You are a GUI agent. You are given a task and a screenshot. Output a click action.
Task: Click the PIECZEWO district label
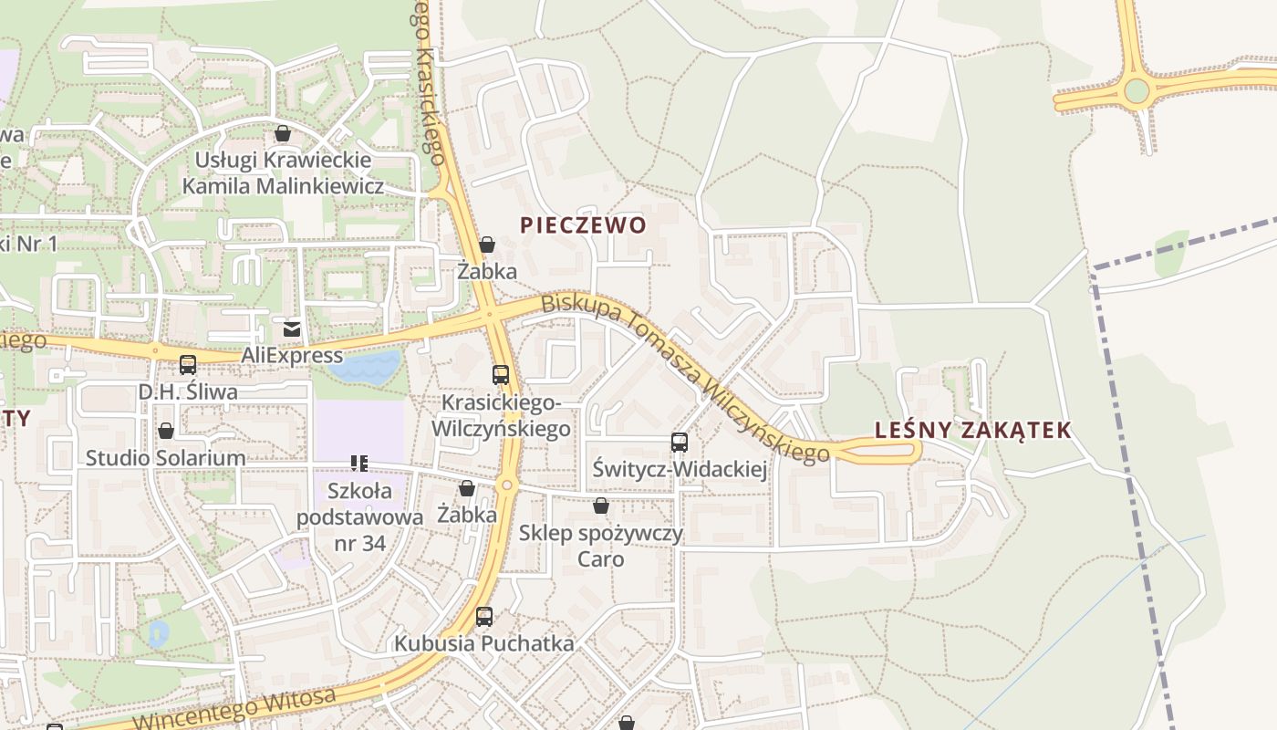coord(583,225)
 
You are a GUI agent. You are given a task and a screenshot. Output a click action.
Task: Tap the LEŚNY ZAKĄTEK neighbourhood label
coord(972,431)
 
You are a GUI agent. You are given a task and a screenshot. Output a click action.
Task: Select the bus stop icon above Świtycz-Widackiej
coord(680,443)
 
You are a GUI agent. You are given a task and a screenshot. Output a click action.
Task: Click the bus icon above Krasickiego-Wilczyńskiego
coord(500,374)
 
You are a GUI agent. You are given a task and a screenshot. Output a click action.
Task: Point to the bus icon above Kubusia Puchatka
coord(484,617)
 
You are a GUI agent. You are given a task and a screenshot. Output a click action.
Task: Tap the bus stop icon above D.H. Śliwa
coord(188,365)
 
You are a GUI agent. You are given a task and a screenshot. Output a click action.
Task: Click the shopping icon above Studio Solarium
coord(166,431)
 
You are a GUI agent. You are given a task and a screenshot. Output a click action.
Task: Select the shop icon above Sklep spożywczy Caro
coord(601,506)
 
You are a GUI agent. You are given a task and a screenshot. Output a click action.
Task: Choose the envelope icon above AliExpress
coord(292,328)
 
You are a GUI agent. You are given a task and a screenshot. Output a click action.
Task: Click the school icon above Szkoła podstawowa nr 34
coord(359,464)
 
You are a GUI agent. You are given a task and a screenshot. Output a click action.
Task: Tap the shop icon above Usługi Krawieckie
coord(283,134)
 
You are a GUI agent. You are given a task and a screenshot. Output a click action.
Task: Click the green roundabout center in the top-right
coord(1137,91)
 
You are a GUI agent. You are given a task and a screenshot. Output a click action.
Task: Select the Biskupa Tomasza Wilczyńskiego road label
coord(684,376)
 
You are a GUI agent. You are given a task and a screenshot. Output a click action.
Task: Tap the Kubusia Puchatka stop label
coord(483,643)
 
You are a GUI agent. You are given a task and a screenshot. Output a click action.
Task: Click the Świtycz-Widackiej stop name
coord(680,470)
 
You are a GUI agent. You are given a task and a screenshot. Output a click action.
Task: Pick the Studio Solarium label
coord(165,458)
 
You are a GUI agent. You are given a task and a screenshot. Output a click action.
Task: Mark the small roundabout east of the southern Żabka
coord(507,485)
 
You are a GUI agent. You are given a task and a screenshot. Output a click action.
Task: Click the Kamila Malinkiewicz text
coord(283,186)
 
